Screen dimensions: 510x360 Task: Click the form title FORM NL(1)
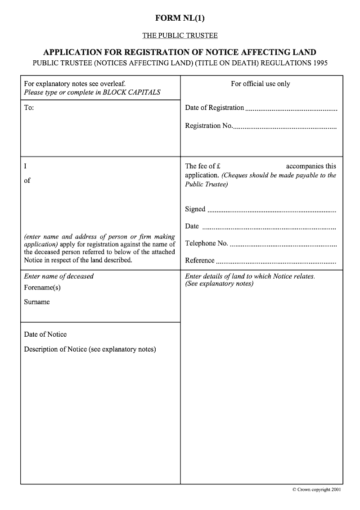pyautogui.click(x=180, y=18)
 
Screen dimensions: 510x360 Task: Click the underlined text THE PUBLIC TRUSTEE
pyautogui.click(x=180, y=35)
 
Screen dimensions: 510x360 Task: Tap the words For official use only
pyautogui.click(x=261, y=84)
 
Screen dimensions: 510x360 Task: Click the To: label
pyautogui.click(x=29, y=108)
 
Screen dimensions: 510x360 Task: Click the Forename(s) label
pyautogui.click(x=42, y=288)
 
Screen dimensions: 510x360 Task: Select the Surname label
pyautogui.click(x=37, y=302)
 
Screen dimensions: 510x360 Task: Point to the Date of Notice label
pyautogui.click(x=45, y=334)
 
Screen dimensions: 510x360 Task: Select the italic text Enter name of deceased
pyautogui.click(x=58, y=276)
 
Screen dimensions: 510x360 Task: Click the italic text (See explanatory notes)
pyautogui.click(x=219, y=284)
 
